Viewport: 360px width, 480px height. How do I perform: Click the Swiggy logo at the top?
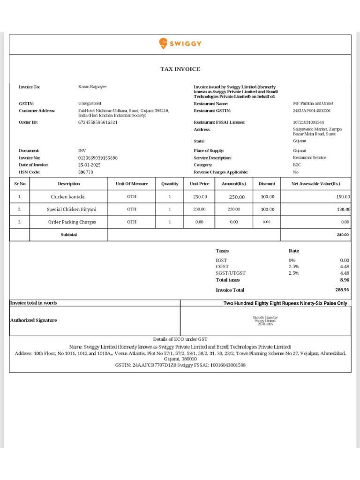pyautogui.click(x=180, y=44)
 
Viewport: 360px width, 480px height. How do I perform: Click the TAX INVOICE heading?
pyautogui.click(x=180, y=69)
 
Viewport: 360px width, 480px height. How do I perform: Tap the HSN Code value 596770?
pyautogui.click(x=85, y=172)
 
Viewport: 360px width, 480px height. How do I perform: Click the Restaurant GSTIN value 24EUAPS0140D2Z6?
pyautogui.click(x=312, y=111)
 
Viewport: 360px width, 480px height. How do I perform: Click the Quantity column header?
pyautogui.click(x=170, y=184)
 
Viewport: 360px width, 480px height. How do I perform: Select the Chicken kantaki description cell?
pyautogui.click(x=69, y=197)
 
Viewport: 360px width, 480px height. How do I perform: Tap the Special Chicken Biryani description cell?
pyautogui.click(x=69, y=210)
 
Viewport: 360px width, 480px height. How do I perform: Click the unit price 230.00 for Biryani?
pyautogui.click(x=200, y=210)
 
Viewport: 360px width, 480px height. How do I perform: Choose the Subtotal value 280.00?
pyautogui.click(x=343, y=234)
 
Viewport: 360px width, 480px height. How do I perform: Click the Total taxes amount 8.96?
pyautogui.click(x=345, y=280)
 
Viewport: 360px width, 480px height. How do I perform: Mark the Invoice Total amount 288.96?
pyautogui.click(x=342, y=290)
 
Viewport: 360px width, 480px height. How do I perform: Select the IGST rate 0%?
pyautogui.click(x=292, y=260)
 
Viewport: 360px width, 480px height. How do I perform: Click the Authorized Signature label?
pyautogui.click(x=33, y=320)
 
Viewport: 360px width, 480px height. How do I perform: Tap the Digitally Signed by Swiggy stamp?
pyautogui.click(x=266, y=320)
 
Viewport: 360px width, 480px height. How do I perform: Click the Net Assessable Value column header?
pyautogui.click(x=315, y=184)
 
